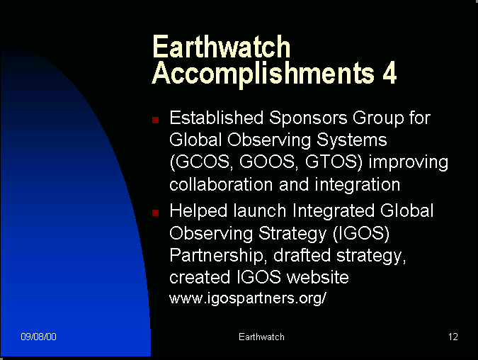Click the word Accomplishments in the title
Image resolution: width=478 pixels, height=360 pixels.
coord(263,74)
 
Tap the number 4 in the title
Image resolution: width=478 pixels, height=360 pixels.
coord(389,72)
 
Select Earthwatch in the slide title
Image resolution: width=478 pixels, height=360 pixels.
coord(221,46)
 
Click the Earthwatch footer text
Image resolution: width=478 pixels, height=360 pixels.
coord(261,337)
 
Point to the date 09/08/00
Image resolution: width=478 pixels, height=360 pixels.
coord(38,337)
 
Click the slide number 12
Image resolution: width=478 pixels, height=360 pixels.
coord(453,337)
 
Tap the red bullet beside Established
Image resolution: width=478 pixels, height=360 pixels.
coord(156,120)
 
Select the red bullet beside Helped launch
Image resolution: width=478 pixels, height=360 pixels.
coord(156,213)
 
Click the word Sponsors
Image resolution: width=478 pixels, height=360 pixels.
coord(308,118)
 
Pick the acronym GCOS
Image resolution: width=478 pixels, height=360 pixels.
coord(200,162)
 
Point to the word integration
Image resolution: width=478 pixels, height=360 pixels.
coord(358,185)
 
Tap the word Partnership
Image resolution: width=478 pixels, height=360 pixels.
coord(216,256)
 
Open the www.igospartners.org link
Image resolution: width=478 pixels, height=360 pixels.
coord(248,298)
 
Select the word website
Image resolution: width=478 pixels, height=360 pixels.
coord(318,277)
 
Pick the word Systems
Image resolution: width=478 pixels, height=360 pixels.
coord(351,140)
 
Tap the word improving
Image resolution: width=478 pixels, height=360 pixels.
coord(409,163)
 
